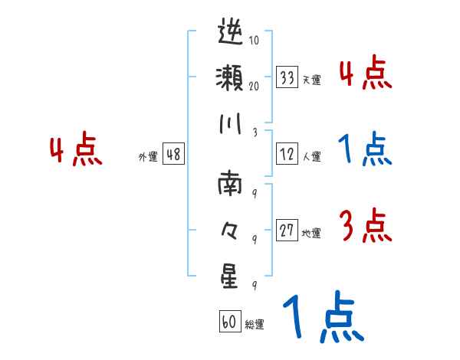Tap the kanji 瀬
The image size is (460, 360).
230,80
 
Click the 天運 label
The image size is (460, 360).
311,80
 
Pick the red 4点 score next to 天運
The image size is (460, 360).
365,74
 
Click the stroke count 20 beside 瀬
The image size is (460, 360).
254,87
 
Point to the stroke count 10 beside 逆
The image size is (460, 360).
254,41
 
